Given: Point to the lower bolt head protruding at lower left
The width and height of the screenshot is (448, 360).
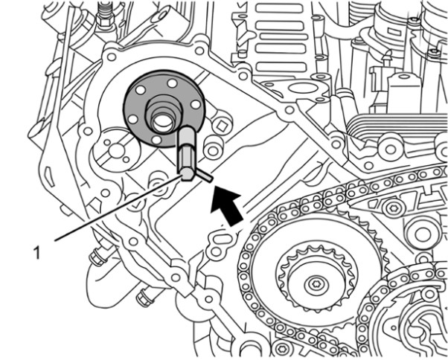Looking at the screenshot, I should click(x=142, y=299).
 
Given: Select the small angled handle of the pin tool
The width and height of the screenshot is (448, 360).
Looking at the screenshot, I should click(x=203, y=176).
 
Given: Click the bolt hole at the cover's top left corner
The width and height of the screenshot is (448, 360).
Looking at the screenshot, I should click(x=111, y=56).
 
